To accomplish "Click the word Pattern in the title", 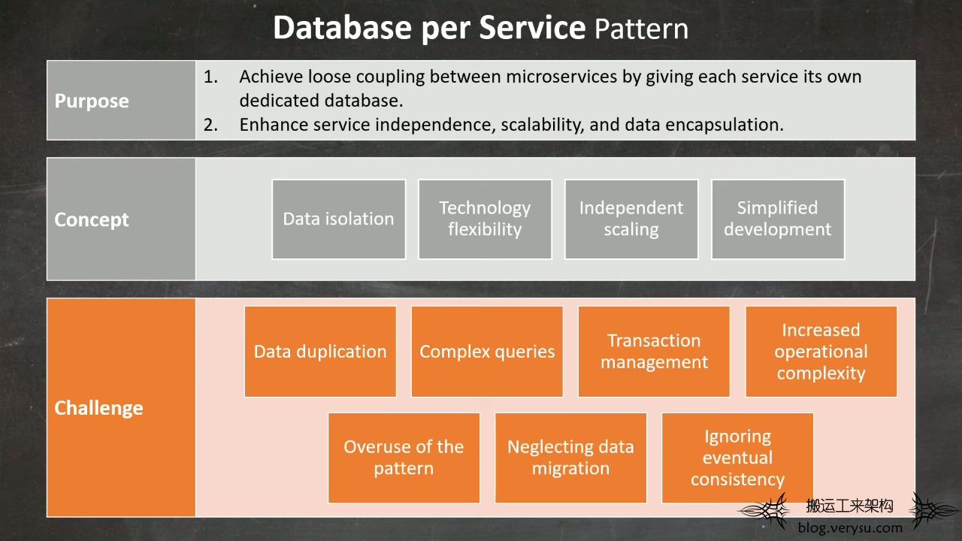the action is point(642,29).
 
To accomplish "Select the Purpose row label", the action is point(92,101).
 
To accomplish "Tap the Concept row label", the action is point(92,219).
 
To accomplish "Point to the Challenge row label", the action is point(98,408).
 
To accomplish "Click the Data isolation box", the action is point(339,219).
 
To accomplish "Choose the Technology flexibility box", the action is point(485,219).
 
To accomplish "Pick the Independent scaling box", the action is point(631,219).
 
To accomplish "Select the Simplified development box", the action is point(778,219).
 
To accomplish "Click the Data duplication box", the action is point(320,352).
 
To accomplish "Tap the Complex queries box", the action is point(487,352).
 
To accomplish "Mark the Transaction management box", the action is point(654,352).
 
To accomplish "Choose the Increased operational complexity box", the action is point(821,352).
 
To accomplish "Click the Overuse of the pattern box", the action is point(404,458).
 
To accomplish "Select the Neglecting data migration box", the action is point(570,458).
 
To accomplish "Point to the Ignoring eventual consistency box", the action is point(737,458).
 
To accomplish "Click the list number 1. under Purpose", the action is point(210,77).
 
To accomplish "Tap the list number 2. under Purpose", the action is point(210,125).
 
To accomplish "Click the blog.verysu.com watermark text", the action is point(850,527).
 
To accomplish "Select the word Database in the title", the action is point(342,28).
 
